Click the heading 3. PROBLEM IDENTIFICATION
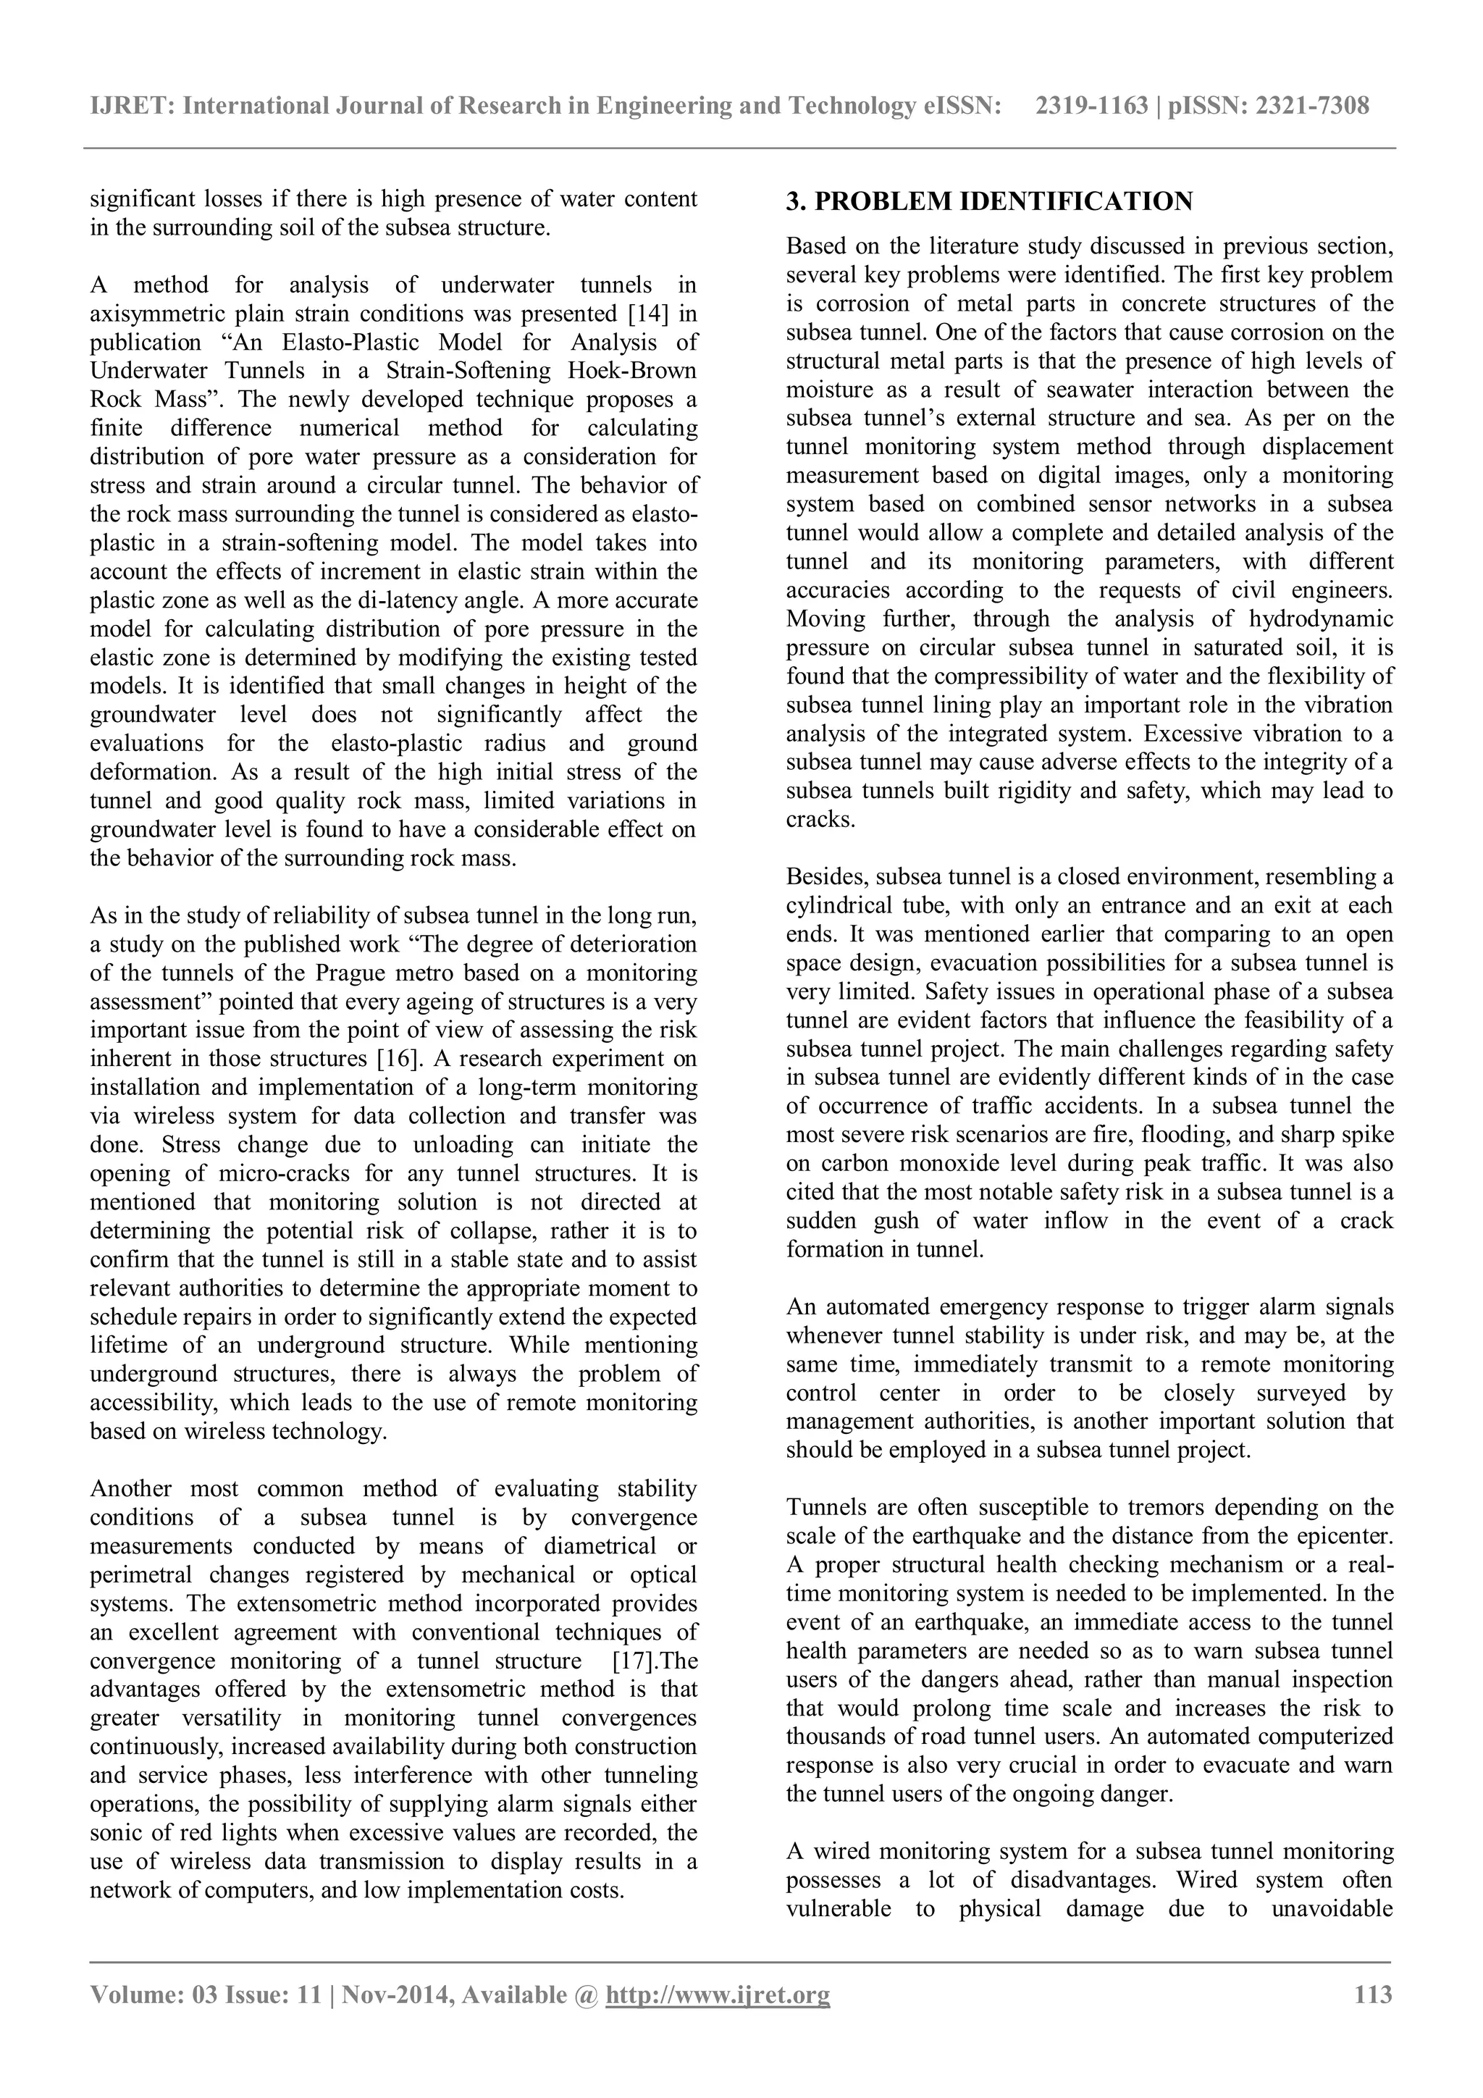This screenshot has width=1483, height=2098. (988, 202)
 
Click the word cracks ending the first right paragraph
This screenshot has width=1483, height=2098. (819, 820)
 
